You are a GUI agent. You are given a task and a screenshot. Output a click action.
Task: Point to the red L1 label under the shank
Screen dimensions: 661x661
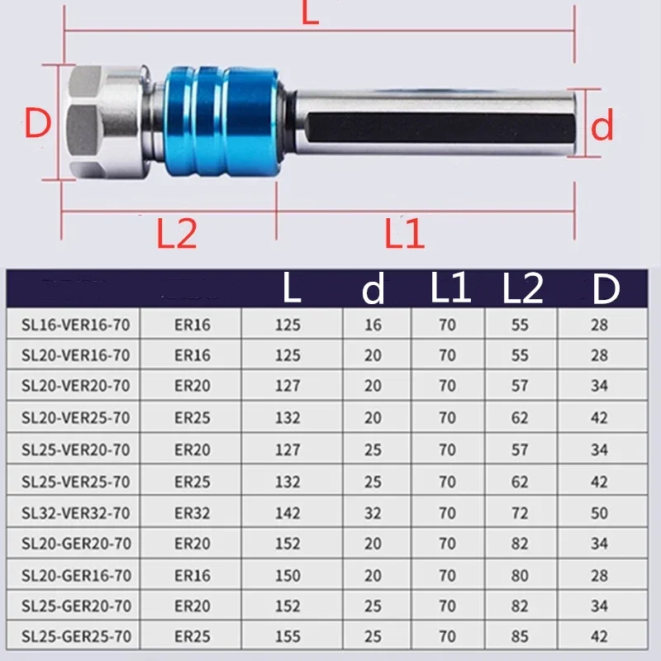404,235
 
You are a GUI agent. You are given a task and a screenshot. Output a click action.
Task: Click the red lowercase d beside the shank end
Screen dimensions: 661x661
604,126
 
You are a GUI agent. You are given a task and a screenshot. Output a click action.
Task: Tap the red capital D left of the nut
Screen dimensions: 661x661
38,124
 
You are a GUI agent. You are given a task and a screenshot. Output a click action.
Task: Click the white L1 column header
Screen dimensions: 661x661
449,289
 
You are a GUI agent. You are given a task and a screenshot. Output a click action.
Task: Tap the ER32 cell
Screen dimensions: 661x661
193,513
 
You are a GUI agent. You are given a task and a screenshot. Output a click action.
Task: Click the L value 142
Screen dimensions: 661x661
288,513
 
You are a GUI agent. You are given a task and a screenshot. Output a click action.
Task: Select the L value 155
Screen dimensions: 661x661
288,637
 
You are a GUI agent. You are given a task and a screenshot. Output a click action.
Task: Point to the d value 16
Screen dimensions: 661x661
373,325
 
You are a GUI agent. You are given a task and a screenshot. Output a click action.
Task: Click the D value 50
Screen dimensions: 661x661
599,513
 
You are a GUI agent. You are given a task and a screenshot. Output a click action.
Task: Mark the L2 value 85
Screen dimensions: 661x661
520,637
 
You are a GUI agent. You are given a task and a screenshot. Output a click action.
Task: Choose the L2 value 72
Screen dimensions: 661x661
520,513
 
